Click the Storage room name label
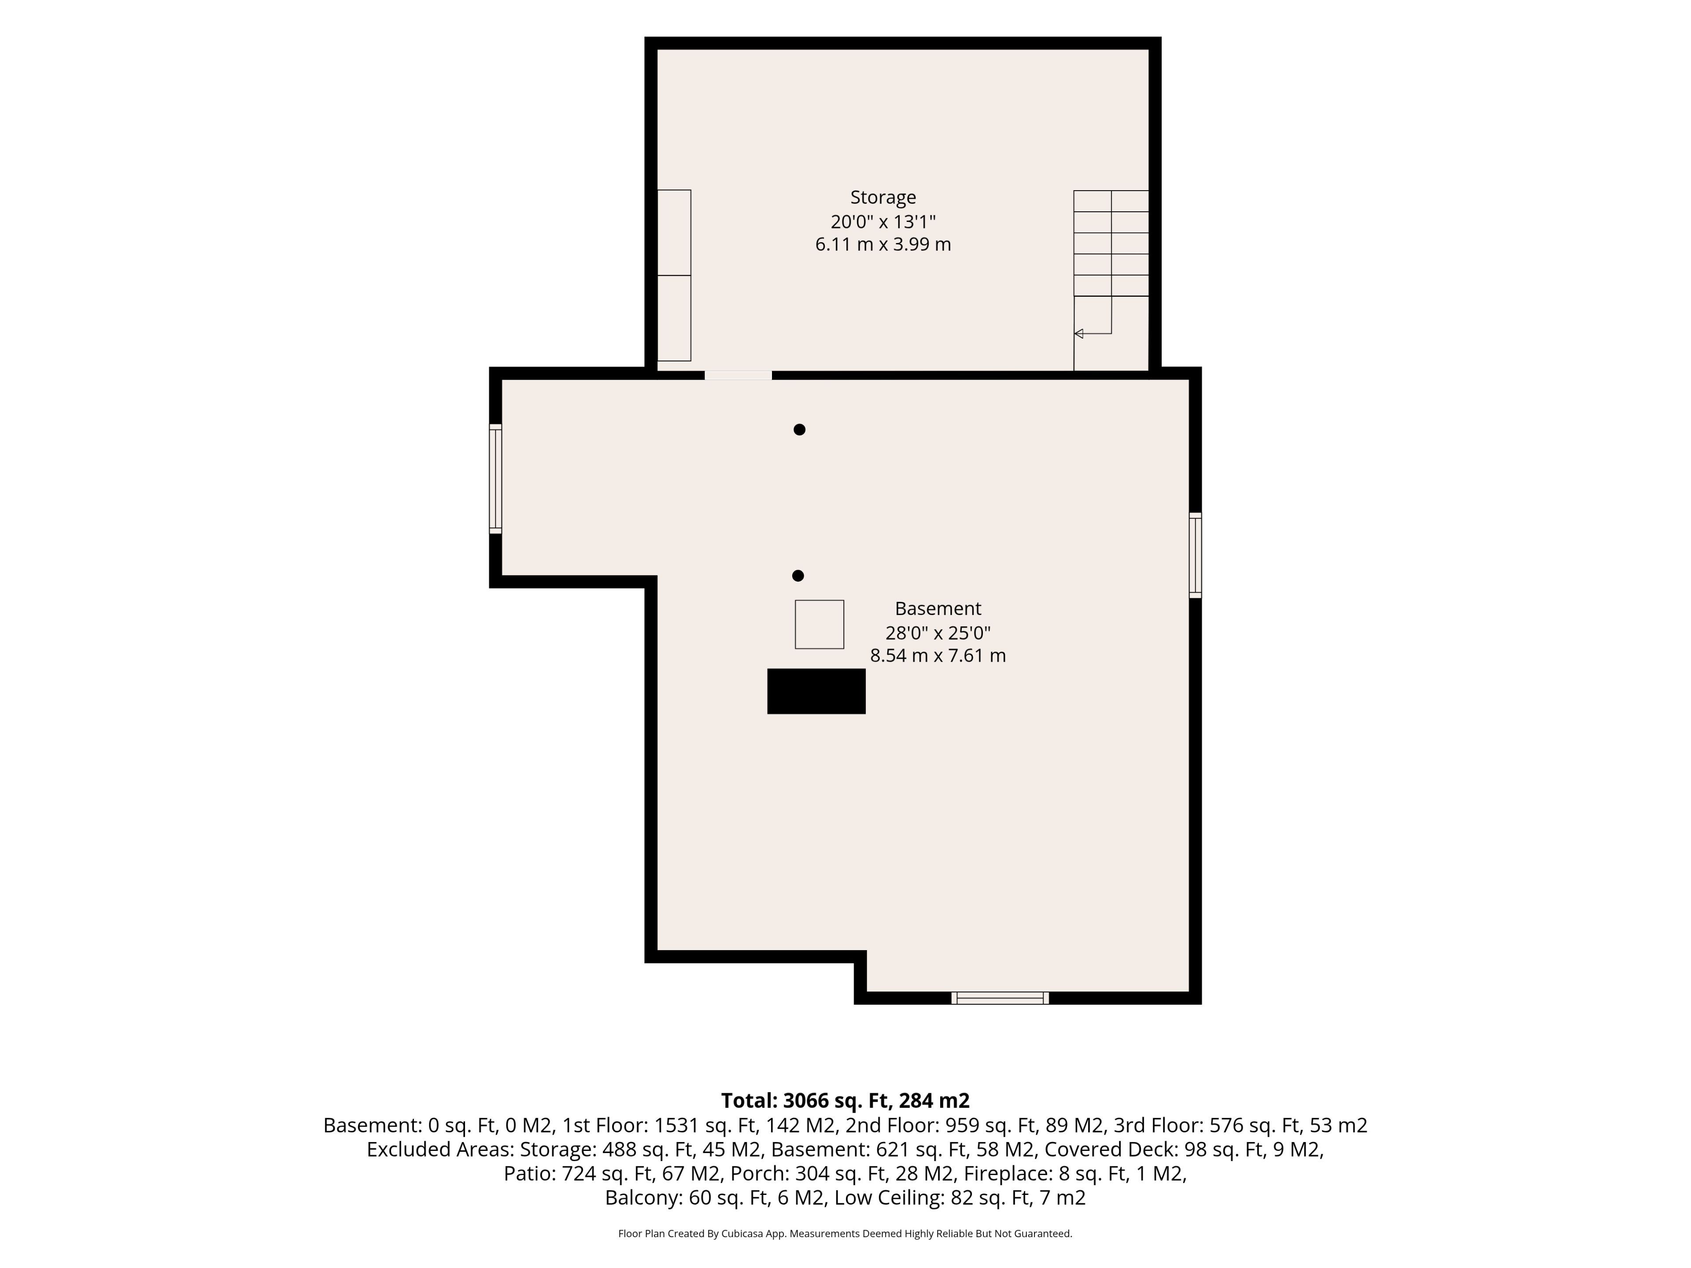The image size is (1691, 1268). click(883, 197)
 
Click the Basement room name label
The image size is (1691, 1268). click(938, 608)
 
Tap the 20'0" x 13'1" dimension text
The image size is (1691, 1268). click(883, 221)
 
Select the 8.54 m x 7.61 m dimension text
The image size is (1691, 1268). click(938, 656)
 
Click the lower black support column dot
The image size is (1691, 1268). click(798, 575)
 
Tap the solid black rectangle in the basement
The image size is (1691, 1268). click(816, 691)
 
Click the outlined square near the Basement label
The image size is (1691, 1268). click(820, 624)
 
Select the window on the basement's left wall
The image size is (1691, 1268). click(495, 479)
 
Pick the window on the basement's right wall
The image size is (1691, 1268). click(1196, 555)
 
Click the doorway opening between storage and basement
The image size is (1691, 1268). click(738, 375)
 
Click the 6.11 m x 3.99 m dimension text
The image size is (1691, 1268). click(883, 245)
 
